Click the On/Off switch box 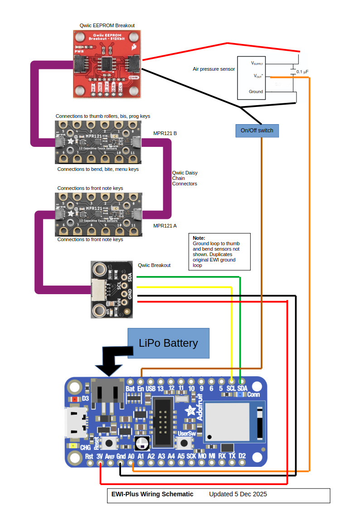click(x=257, y=131)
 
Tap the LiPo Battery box click(x=168, y=343)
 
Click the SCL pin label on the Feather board click(x=231, y=388)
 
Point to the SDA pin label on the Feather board click(x=242, y=388)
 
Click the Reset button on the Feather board click(x=109, y=442)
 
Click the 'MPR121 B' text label click(x=165, y=134)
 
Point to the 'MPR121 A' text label click(x=165, y=225)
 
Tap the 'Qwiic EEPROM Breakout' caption click(x=107, y=26)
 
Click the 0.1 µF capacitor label click(x=302, y=72)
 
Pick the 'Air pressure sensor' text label click(x=214, y=69)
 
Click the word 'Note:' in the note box click(x=199, y=238)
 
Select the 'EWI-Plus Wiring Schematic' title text click(x=152, y=494)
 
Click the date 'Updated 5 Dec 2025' click(x=238, y=494)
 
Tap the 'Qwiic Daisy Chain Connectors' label click(x=185, y=178)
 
